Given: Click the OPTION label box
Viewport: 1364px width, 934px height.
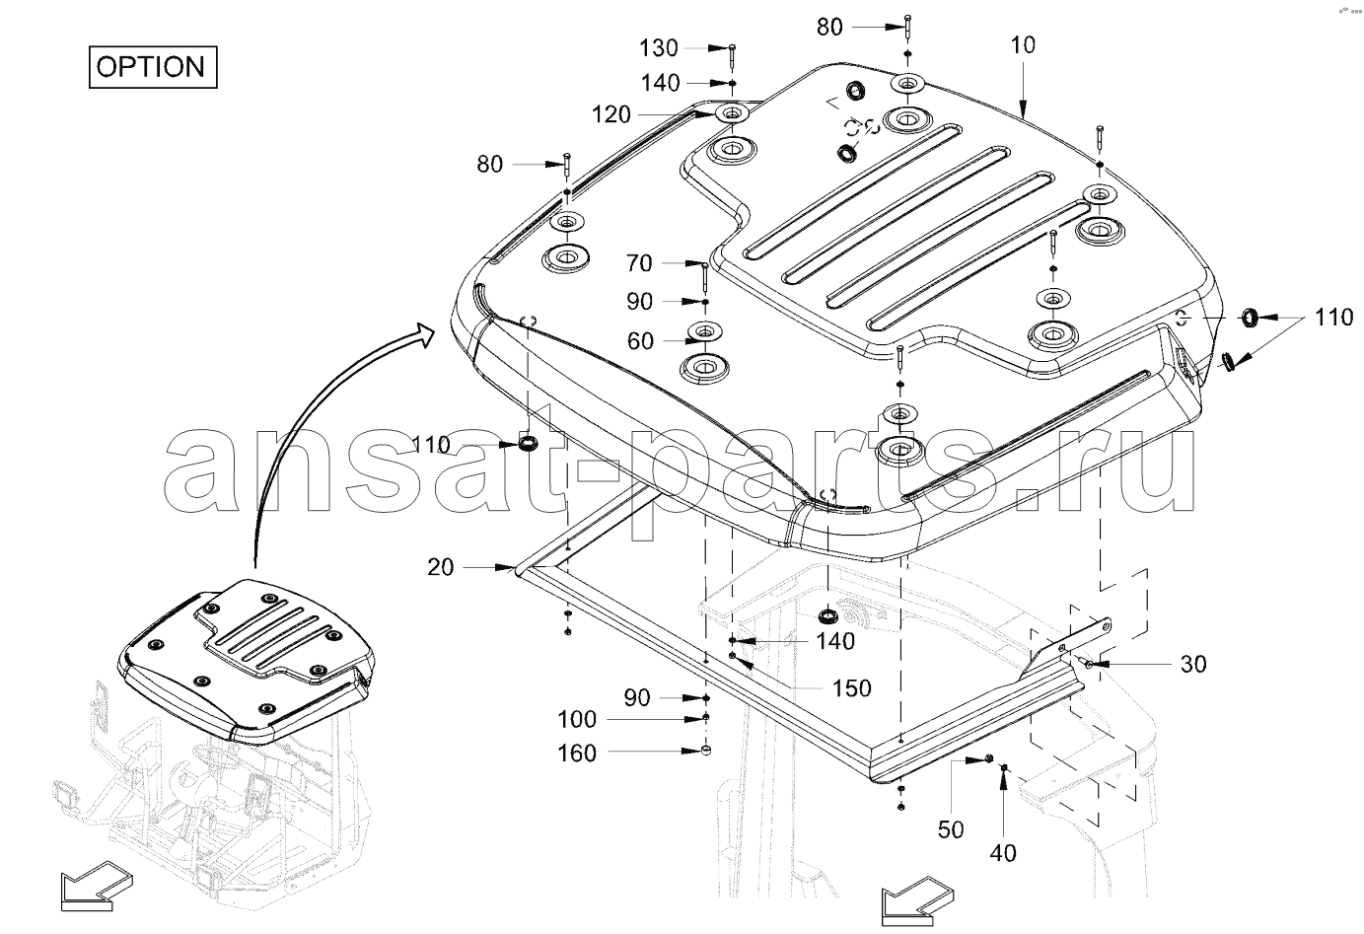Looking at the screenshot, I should coord(152,67).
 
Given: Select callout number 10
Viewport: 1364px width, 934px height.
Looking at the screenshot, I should coord(1023,45).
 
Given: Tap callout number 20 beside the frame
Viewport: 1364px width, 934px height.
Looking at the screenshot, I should coord(441,567).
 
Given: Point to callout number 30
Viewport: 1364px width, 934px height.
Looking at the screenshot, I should coord(1193,665).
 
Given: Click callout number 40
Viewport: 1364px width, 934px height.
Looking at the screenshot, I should coord(1003,852).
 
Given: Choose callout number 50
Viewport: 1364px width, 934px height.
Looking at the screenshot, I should coord(951,829).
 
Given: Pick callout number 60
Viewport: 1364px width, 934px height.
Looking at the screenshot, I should coord(640,341).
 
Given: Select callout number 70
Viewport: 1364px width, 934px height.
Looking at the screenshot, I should coord(639,263).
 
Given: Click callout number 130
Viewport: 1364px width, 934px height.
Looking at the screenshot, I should coord(659,47).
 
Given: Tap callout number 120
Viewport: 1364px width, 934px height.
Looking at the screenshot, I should coord(611,115).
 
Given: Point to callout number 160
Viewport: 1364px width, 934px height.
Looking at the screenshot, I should coord(577,754).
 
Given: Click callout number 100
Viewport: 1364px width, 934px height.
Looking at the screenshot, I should coord(577,720).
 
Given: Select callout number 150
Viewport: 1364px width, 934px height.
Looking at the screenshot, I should coord(851,688).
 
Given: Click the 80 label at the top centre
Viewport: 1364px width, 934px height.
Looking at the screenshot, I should coord(829,27).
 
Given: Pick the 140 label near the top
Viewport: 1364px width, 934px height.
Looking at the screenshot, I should coord(660,83).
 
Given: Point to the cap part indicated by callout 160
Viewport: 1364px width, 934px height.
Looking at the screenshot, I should coord(706,754).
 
